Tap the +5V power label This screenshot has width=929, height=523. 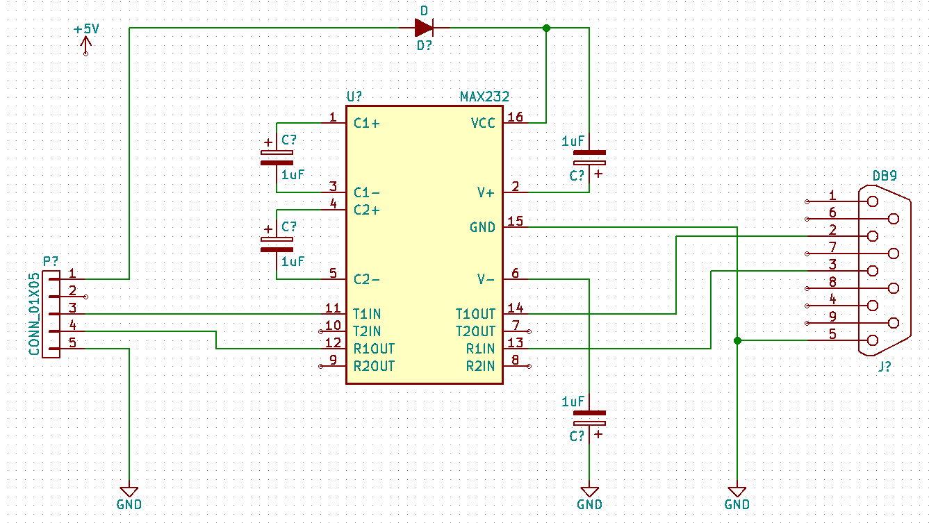click(86, 30)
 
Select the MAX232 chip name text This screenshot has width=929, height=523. click(484, 97)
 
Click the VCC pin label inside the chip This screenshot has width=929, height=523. click(483, 124)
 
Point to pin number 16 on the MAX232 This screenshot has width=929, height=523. click(515, 117)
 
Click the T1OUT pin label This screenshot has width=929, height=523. click(475, 314)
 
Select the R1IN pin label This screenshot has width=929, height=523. click(480, 349)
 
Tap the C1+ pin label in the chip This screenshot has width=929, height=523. click(367, 124)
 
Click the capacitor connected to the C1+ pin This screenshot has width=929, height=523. click(277, 158)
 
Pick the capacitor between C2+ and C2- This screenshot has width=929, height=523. click(277, 244)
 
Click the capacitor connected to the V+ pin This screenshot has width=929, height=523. click(589, 157)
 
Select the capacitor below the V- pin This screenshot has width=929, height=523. click(589, 417)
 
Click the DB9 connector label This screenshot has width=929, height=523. click(884, 176)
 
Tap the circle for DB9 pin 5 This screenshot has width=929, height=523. click(872, 340)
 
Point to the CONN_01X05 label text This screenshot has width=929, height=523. click(34, 314)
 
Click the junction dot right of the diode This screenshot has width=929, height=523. click(545, 28)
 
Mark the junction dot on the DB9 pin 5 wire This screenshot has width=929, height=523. click(737, 340)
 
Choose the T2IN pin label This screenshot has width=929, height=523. click(367, 331)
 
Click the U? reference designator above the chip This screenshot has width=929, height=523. click(354, 97)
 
